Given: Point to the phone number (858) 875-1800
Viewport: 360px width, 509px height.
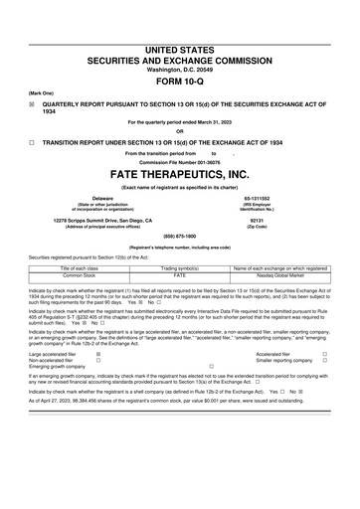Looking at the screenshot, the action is (179, 237).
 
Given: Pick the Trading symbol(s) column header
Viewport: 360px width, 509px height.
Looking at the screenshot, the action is (180, 268).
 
